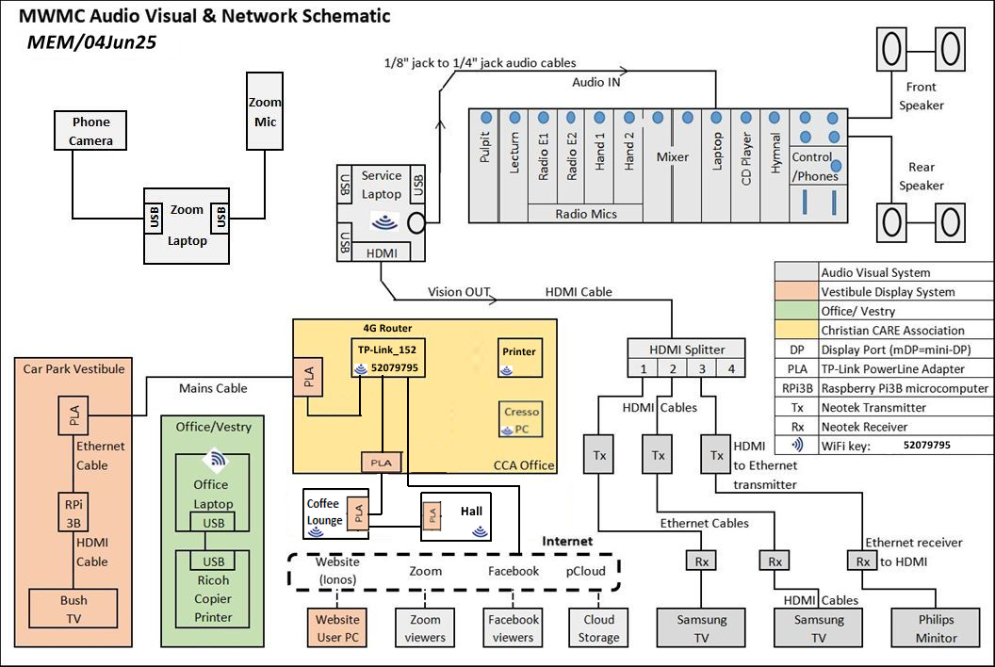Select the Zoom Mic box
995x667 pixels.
point(265,110)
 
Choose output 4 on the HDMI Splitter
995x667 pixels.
point(731,368)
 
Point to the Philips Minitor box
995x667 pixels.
point(937,628)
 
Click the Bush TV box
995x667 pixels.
point(73,610)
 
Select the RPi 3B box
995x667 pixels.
point(73,512)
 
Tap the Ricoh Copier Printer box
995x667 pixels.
point(213,598)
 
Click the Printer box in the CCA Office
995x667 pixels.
point(519,353)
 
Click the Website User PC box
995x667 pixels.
point(337,628)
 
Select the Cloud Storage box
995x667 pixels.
point(598,628)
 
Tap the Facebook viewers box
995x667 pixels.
point(514,628)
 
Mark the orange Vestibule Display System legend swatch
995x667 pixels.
point(795,292)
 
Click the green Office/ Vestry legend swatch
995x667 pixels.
point(795,312)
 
